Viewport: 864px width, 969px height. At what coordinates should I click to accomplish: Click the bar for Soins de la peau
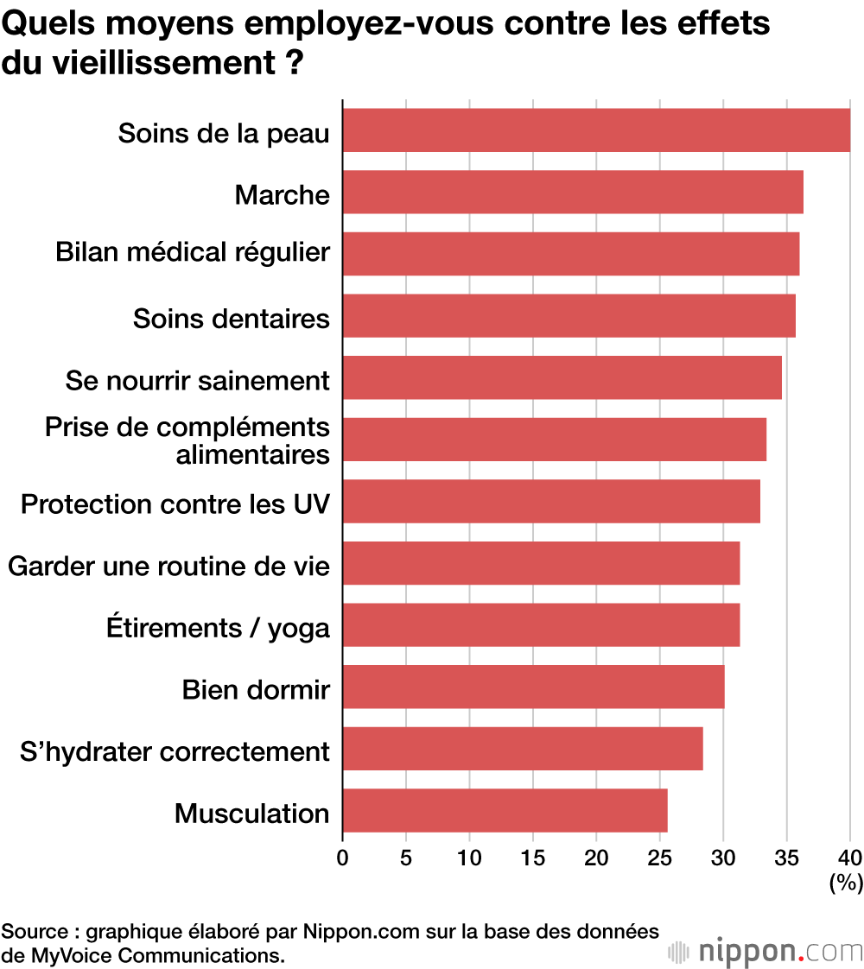click(596, 130)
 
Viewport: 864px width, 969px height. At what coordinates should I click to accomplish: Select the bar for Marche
click(573, 192)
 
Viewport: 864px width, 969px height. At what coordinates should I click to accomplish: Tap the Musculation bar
click(505, 810)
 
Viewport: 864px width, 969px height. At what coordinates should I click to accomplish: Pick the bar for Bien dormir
click(533, 687)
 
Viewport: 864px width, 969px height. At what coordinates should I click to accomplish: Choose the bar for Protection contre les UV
click(551, 501)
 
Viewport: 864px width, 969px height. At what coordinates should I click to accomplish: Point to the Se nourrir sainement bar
click(562, 377)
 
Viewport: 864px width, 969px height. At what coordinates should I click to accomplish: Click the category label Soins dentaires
click(231, 319)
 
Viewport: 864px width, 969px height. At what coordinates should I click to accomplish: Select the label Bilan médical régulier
click(193, 252)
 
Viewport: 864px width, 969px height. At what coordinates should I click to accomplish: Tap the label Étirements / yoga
click(218, 628)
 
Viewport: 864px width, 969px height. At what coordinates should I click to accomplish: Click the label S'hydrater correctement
click(175, 751)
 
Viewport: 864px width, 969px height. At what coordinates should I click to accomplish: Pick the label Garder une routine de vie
click(168, 567)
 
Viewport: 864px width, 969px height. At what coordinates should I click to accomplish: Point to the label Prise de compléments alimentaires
click(187, 440)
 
